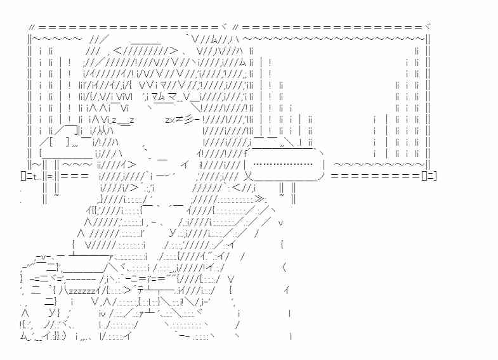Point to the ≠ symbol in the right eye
180,119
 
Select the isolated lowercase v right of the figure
280,222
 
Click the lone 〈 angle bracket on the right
284,267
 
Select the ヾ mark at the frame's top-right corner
428,28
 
